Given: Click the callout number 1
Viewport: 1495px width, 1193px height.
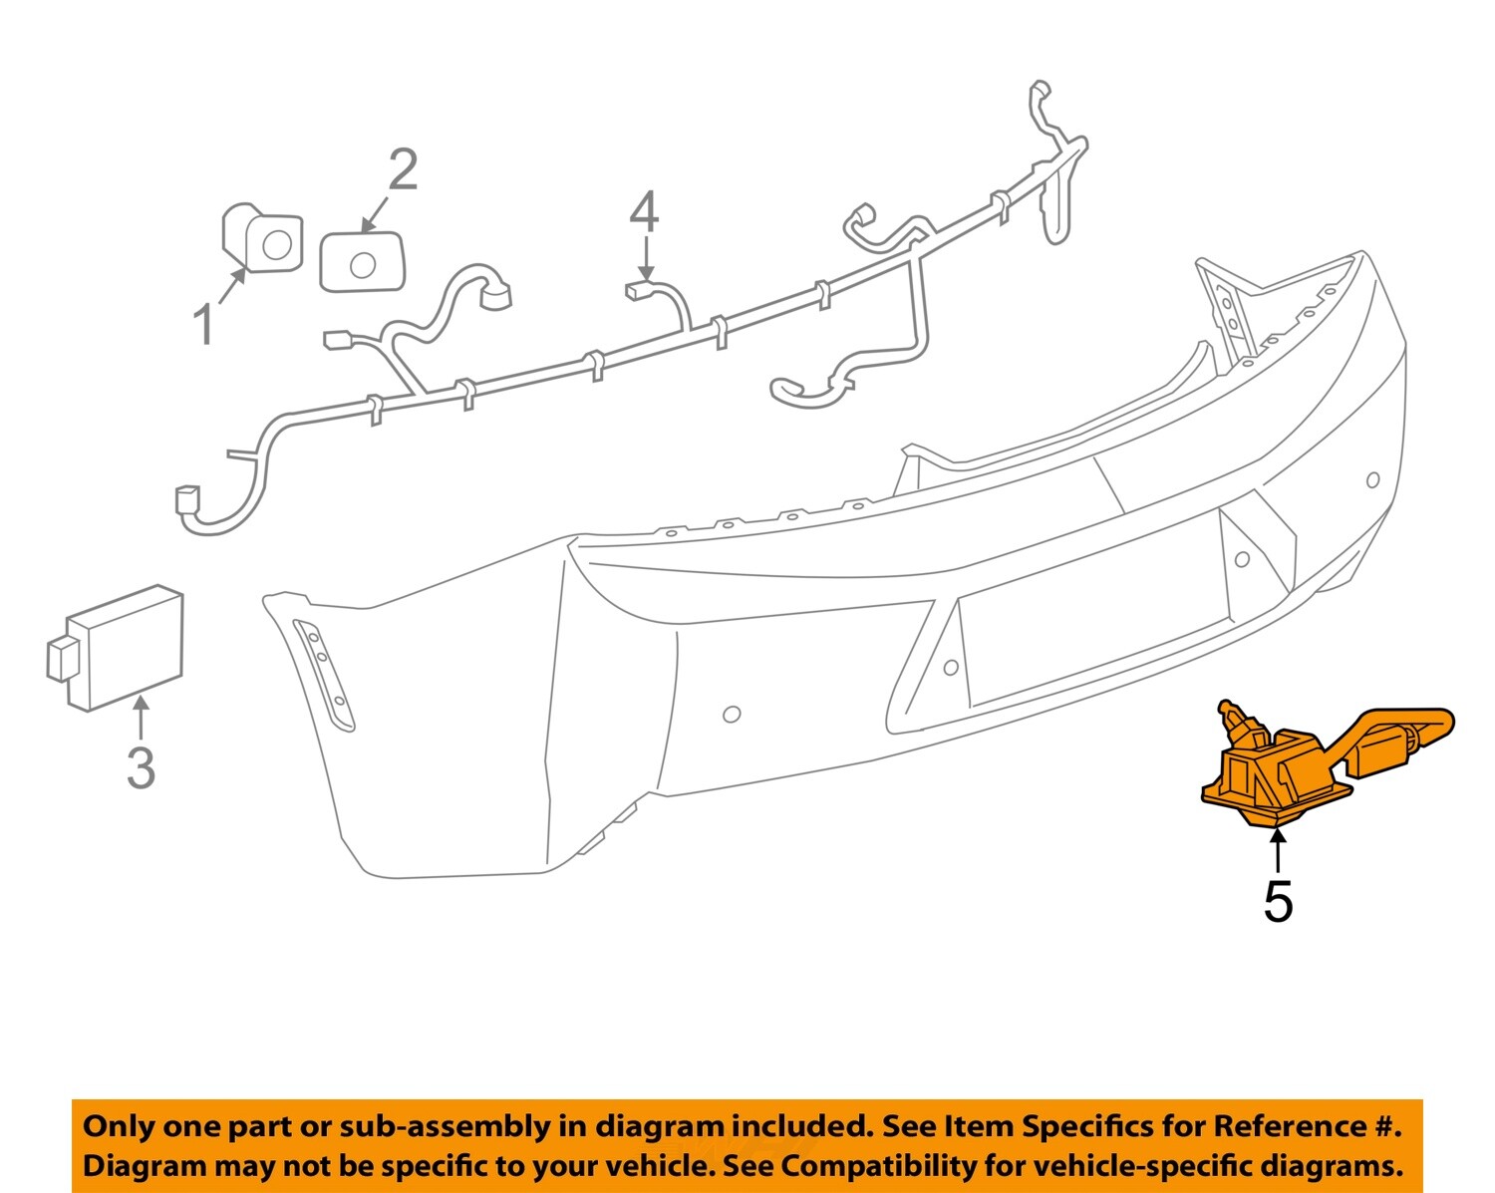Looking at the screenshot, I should tap(203, 325).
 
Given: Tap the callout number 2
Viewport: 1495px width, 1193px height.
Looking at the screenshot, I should tap(402, 170).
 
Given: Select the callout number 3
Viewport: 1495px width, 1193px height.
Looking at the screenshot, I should tap(141, 767).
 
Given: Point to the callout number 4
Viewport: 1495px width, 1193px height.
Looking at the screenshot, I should tap(644, 212).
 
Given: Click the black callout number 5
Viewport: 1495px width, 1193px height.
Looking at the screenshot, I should tap(1278, 901).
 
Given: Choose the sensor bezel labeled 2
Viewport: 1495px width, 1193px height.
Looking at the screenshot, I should tap(361, 262).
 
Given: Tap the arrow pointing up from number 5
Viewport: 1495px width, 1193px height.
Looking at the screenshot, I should tap(1277, 852).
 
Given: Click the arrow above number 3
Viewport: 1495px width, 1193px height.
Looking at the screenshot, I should tap(141, 717).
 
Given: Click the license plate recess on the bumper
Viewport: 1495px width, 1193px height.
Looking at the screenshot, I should tap(1091, 618).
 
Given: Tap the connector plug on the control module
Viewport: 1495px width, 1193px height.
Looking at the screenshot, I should tap(60, 659).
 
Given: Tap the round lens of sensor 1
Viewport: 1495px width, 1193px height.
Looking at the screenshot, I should tap(276, 243).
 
